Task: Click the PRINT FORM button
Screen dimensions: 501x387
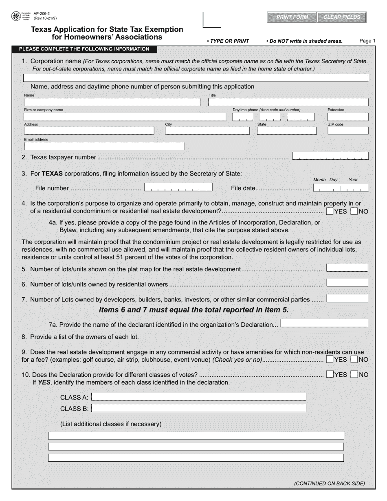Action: [292, 17]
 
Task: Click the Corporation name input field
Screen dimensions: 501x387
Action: [196, 77]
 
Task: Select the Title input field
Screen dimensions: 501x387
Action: [288, 102]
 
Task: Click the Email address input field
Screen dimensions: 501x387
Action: [104, 146]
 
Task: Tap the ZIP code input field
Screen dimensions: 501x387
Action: [348, 131]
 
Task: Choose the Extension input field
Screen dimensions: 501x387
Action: [348, 117]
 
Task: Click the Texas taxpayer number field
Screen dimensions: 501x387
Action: [330, 156]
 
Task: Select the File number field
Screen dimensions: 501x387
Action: [178, 187]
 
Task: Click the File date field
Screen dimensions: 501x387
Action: [341, 187]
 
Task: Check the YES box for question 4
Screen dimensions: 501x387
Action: [330, 211]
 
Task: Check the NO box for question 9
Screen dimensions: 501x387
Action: [354, 359]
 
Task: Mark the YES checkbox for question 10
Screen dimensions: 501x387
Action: [330, 374]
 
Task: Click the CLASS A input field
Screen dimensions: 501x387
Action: [199, 397]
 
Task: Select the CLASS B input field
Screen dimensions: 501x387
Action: [199, 408]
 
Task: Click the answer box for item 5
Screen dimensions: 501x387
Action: [347, 268]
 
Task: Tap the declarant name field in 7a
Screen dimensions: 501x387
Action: [324, 323]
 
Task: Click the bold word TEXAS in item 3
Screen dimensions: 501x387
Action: [52, 174]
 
